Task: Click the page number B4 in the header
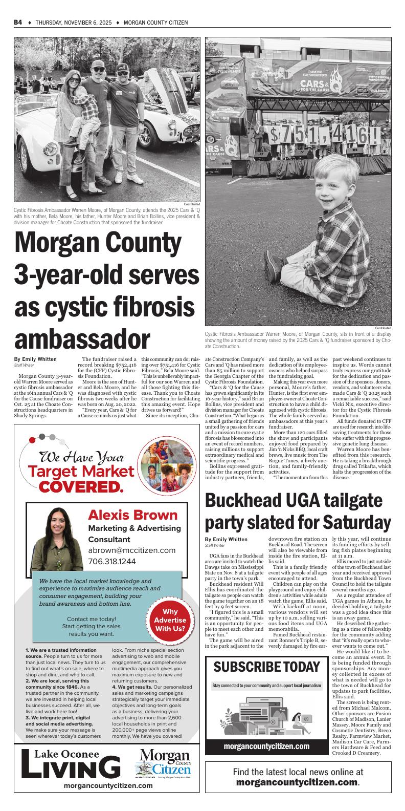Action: click(x=17, y=23)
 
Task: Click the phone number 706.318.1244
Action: click(x=112, y=561)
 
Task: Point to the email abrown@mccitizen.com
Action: click(x=131, y=550)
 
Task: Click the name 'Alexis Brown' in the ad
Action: click(x=132, y=515)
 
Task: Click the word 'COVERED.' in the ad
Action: click(x=82, y=486)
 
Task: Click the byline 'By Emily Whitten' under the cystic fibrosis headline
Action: click(x=35, y=359)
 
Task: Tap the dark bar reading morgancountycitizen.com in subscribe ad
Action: click(x=266, y=746)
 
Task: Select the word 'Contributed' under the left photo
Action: click(x=192, y=204)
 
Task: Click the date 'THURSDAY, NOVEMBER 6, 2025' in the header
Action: click(x=70, y=23)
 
